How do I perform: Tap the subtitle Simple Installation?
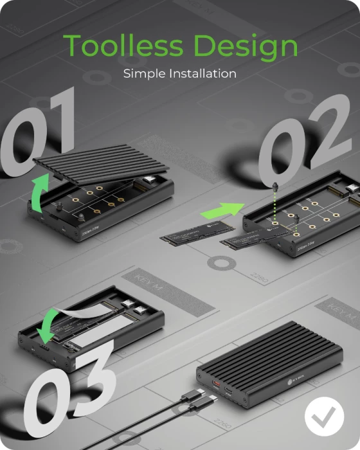179,73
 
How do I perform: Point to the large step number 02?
309,145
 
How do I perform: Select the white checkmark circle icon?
324,417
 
